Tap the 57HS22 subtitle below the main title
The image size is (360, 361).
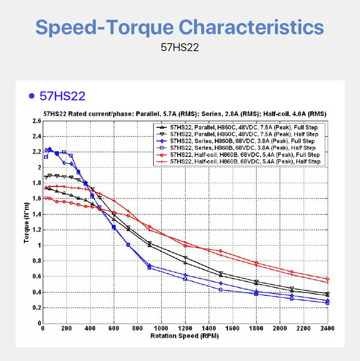coord(180,48)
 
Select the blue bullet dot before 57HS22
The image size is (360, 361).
coord(32,96)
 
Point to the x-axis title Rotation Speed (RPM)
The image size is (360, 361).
coord(184,336)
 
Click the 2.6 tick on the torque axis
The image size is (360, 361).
coord(36,121)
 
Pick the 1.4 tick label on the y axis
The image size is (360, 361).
coord(36,215)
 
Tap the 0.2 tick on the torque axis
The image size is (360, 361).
coord(36,308)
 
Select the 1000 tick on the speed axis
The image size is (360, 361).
coord(161,328)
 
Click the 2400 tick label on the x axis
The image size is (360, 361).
coord(327,328)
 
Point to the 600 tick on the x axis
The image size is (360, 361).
coord(114,328)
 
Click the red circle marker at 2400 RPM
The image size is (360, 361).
coord(328,279)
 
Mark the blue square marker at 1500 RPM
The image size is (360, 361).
coord(221,290)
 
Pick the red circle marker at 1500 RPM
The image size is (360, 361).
coord(221,251)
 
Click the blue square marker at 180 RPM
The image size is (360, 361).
coord(64,152)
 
